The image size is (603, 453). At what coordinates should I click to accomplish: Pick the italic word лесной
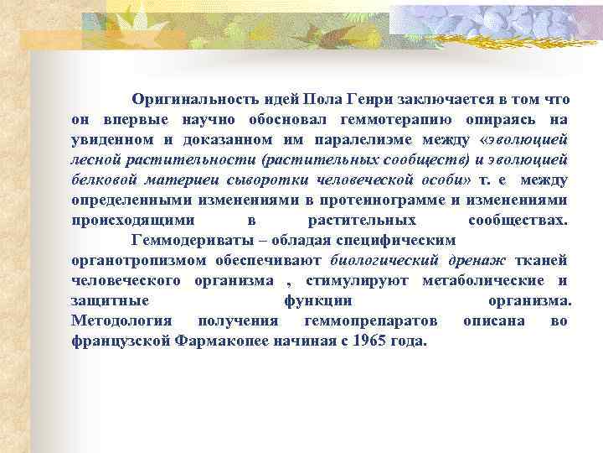[x=94, y=159]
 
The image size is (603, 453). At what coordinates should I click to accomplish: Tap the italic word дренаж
[x=479, y=260]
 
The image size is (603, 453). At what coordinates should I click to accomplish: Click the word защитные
[x=110, y=300]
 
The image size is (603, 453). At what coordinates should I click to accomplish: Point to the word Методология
[x=121, y=320]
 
